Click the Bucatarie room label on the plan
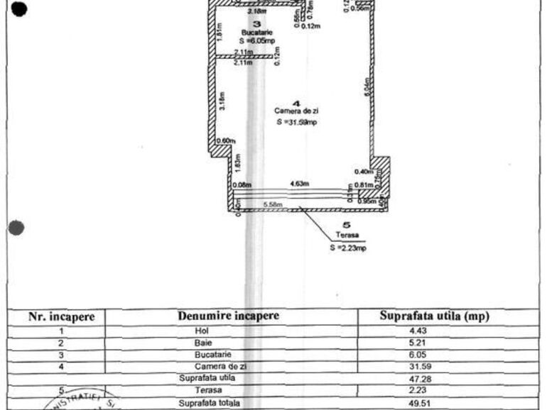(x=254, y=32)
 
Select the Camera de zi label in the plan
(x=296, y=111)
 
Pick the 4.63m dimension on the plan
(x=298, y=184)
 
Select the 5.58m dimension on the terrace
(x=273, y=206)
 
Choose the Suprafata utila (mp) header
(x=434, y=316)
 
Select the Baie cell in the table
(x=202, y=343)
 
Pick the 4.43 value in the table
(x=433, y=331)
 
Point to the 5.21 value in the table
(x=433, y=343)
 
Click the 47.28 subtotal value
(x=433, y=379)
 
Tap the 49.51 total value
(x=433, y=404)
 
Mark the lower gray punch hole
(x=17, y=228)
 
